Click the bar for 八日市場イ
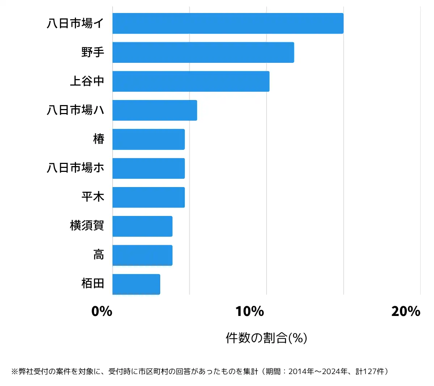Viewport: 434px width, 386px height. click(228, 23)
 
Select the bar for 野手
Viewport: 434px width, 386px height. click(203, 52)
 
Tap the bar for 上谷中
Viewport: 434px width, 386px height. click(191, 81)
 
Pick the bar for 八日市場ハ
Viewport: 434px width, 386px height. click(155, 110)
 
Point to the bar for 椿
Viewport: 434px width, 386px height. click(149, 139)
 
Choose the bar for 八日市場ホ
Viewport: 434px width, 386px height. click(149, 168)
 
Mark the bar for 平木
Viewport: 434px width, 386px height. click(149, 197)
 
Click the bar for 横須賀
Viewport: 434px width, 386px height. click(142, 226)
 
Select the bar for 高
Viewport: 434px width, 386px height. click(142, 255)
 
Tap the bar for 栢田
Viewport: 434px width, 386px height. click(136, 284)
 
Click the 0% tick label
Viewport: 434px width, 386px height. click(102, 311)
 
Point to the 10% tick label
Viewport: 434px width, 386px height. click(250, 311)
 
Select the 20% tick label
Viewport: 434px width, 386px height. click(406, 311)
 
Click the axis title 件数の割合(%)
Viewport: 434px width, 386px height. click(266, 338)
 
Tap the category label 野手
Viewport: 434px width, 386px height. click(93, 52)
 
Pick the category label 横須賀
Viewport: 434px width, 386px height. click(87, 226)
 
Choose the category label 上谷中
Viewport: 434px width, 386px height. click(87, 81)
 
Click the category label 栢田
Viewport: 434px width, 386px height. click(93, 284)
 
